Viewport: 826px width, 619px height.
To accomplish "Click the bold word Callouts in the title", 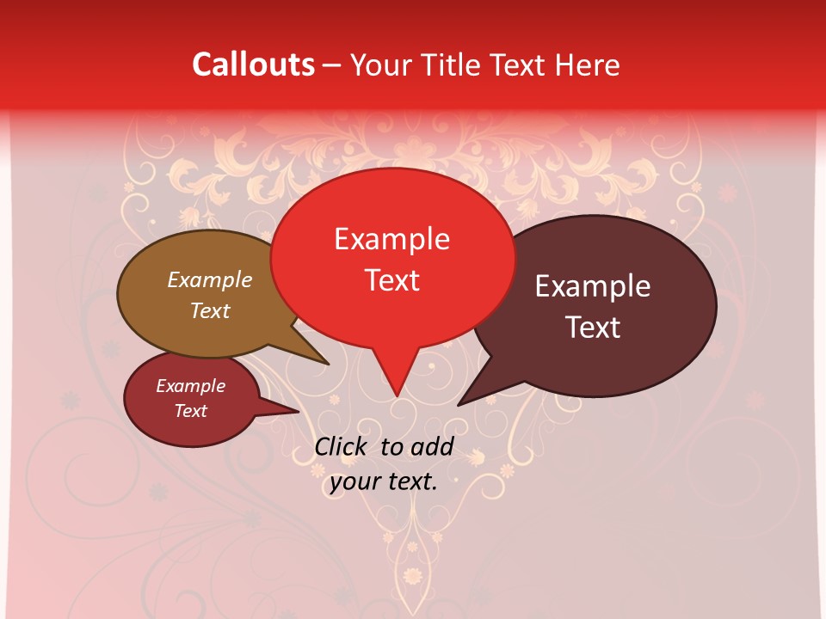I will click(x=253, y=64).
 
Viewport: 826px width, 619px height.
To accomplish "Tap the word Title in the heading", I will click(x=453, y=64).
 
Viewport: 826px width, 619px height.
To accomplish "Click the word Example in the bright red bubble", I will click(x=391, y=239).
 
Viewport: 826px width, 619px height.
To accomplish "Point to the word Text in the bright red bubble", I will click(x=392, y=280).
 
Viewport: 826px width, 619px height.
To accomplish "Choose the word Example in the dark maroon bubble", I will click(x=593, y=286).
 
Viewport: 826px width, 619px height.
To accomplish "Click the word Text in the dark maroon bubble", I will click(x=593, y=328).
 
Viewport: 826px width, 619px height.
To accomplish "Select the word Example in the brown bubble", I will click(x=209, y=279).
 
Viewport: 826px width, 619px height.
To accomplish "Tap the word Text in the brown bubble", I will click(x=209, y=310).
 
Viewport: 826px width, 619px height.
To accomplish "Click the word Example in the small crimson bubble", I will click(x=190, y=386).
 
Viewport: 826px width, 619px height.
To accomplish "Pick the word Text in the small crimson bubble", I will click(x=190, y=411).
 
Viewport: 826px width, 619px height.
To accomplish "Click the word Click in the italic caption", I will click(x=342, y=446).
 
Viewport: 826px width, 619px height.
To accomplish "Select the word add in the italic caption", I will click(x=432, y=446).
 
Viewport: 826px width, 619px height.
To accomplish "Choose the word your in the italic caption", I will click(x=354, y=482).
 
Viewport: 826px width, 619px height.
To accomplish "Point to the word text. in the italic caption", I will click(x=412, y=482).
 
